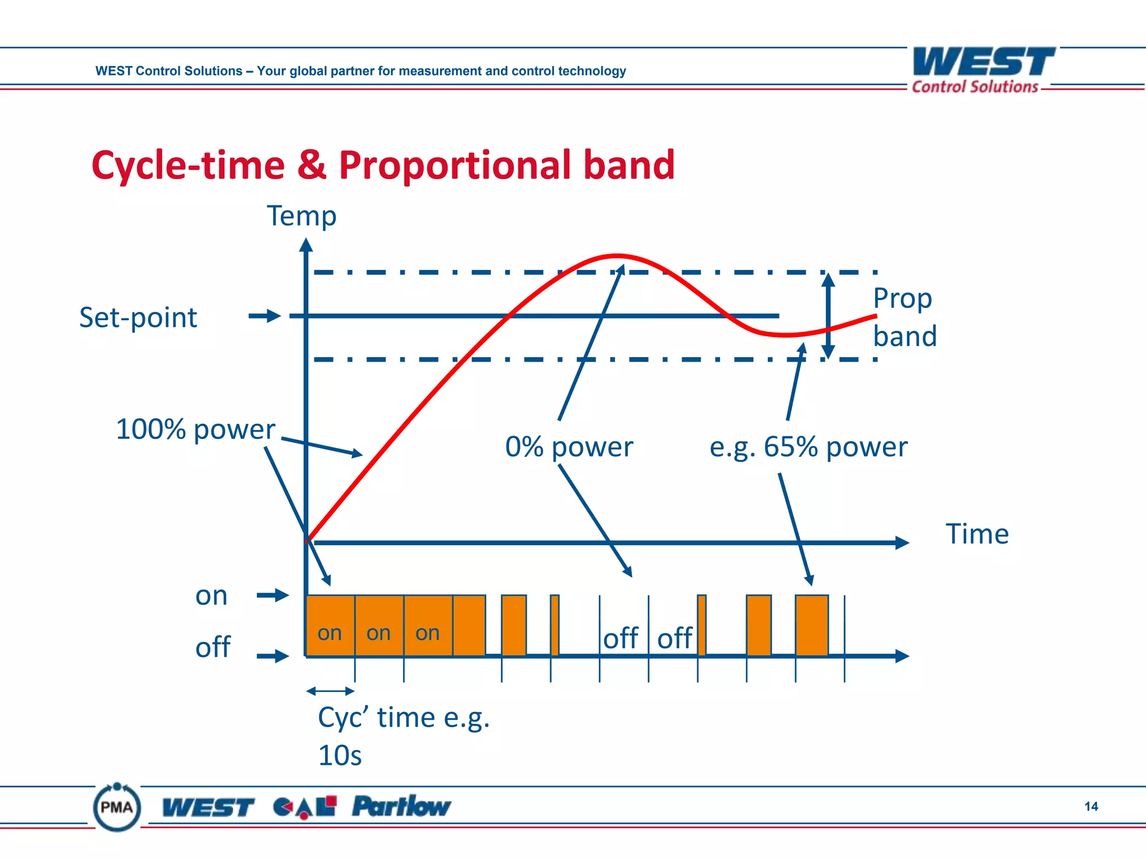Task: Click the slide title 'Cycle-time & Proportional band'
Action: (383, 165)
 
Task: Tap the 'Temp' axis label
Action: (301, 217)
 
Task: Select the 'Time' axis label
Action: (976, 534)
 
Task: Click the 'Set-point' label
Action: (138, 317)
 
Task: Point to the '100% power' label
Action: (195, 429)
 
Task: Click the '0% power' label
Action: (569, 447)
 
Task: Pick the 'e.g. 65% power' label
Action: (808, 447)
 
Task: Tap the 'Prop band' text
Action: (904, 317)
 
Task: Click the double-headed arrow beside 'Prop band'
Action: (828, 316)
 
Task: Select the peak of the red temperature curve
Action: (617, 256)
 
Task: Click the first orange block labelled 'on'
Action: (330, 625)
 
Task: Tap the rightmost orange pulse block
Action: (811, 625)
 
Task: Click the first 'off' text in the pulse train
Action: (621, 638)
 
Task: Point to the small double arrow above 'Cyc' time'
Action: (330, 691)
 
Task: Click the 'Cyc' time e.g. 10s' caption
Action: (403, 736)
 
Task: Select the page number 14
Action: (1091, 806)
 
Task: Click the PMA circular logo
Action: (117, 807)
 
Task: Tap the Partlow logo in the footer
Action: (401, 807)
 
